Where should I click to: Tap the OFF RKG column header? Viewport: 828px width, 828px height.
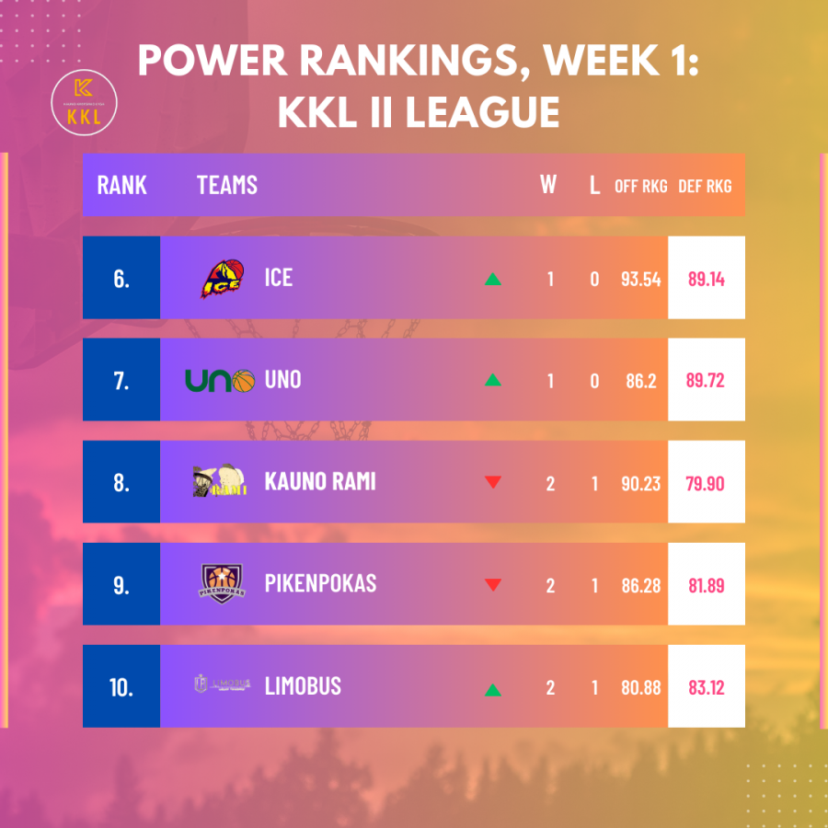tap(641, 186)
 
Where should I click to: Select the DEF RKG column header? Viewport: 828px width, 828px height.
tap(705, 186)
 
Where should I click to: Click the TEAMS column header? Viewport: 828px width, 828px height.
tap(227, 185)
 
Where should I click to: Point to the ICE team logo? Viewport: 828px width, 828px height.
tap(223, 278)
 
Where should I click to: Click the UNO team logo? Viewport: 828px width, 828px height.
tap(219, 380)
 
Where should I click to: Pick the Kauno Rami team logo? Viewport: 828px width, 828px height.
tap(220, 481)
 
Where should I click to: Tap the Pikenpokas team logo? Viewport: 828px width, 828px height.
tap(223, 582)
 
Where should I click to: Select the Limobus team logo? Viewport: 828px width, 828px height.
tap(222, 684)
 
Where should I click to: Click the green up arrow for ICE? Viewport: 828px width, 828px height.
tap(493, 279)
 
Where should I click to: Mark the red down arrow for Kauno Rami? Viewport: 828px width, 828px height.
tap(493, 482)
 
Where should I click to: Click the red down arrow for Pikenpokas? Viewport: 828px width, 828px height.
tap(493, 584)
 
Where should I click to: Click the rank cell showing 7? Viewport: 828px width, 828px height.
tap(121, 380)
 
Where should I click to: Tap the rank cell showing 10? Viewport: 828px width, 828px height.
tap(121, 686)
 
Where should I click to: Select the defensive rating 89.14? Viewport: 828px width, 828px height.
tap(707, 279)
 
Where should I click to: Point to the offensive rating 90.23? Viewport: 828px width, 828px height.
tap(640, 483)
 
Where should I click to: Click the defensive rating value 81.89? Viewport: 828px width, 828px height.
tap(707, 584)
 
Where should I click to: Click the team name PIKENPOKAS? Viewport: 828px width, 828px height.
tap(320, 583)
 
